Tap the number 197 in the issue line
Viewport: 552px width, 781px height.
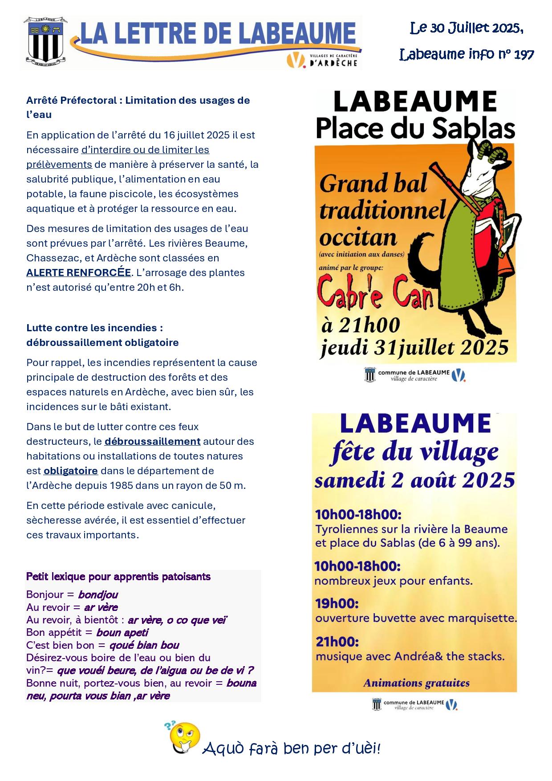[x=524, y=54]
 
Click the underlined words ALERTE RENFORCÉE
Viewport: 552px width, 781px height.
[x=79, y=273]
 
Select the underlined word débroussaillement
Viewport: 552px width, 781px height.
[x=152, y=441]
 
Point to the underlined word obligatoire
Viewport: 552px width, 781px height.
[x=70, y=471]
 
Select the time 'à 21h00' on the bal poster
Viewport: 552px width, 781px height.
[x=361, y=325]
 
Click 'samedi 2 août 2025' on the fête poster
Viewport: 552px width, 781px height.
[x=414, y=480]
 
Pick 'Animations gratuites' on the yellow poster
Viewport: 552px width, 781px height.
[x=416, y=683]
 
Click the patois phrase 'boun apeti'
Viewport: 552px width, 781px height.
[x=122, y=632]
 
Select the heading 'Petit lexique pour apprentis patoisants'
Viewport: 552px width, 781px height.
[x=118, y=577]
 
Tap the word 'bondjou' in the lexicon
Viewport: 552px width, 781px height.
[x=98, y=594]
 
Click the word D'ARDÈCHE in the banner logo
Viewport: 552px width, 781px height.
[x=333, y=63]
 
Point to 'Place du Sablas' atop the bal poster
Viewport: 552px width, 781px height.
[x=415, y=128]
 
